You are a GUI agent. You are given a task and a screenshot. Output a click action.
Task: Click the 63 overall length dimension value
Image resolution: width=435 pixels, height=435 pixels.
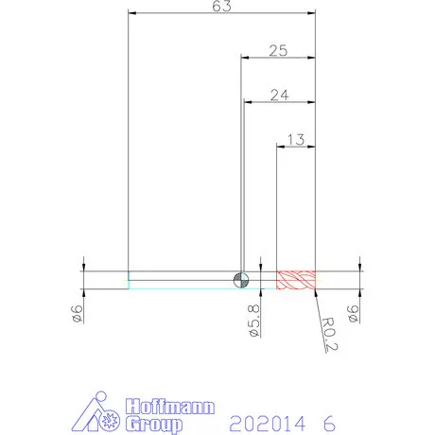pyautogui.click(x=221, y=6)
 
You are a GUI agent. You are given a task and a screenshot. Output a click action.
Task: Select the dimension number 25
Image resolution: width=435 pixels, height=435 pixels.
pyautogui.click(x=278, y=50)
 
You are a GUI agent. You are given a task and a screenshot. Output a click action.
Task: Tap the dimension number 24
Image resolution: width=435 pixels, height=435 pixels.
pyautogui.click(x=279, y=95)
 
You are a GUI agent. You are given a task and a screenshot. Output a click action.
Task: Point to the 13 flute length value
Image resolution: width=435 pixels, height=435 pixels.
pyautogui.click(x=296, y=140)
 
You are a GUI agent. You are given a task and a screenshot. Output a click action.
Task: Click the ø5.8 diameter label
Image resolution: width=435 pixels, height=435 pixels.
pyautogui.click(x=254, y=321)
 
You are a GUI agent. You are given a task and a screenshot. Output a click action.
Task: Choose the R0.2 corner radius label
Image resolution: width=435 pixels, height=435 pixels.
pyautogui.click(x=329, y=335)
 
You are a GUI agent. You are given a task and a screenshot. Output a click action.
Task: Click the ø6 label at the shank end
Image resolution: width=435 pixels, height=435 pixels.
pyautogui.click(x=78, y=314)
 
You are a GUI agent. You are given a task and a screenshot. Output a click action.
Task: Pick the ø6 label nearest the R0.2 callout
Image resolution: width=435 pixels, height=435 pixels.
pyautogui.click(x=353, y=314)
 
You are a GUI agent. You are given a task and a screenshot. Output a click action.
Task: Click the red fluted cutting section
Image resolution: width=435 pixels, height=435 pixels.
pyautogui.click(x=296, y=280)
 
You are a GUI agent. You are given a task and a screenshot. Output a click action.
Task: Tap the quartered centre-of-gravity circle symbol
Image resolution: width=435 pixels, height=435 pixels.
pyautogui.click(x=241, y=280)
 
